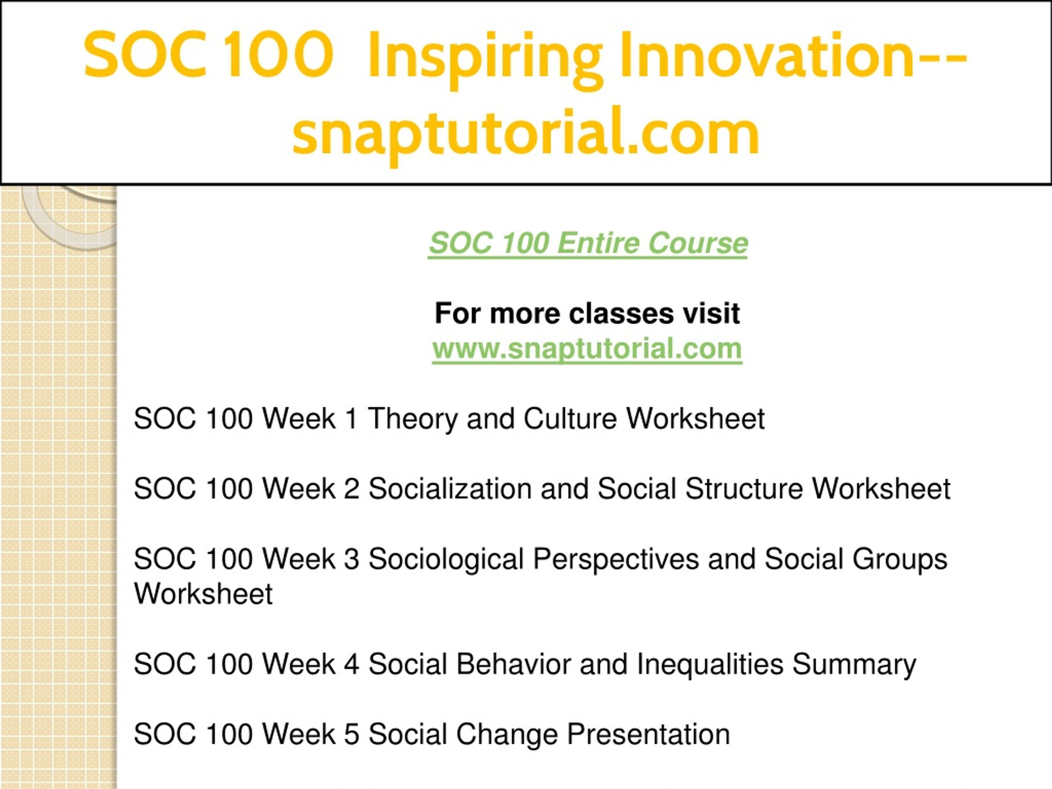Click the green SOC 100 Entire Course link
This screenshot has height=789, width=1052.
click(588, 243)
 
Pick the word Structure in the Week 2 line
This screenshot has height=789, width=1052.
click(744, 489)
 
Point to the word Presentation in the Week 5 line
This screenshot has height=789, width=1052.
click(648, 734)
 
